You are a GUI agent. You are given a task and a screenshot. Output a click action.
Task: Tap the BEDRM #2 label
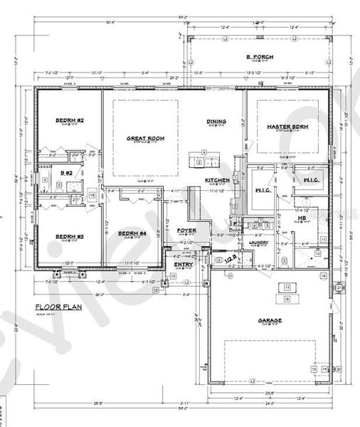point(70,121)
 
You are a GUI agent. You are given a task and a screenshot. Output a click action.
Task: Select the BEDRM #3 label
point(70,236)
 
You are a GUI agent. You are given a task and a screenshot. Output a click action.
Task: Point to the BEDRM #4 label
point(132,233)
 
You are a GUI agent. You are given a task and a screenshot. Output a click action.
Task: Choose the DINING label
point(217,122)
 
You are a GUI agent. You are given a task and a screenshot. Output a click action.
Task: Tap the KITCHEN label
point(218,181)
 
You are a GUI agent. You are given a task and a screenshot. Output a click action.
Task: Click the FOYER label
point(187,231)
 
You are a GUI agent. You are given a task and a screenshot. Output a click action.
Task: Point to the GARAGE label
point(270,320)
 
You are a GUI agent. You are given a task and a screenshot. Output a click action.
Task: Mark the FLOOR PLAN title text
point(63,307)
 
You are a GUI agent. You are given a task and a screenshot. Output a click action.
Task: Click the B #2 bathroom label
point(66,173)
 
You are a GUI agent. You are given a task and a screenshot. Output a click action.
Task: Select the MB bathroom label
point(302,238)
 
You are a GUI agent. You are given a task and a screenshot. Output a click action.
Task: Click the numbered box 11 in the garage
point(287,287)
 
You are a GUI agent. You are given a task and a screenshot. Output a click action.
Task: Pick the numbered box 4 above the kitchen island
point(204,152)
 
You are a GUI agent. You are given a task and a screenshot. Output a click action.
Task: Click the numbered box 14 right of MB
point(322,275)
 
